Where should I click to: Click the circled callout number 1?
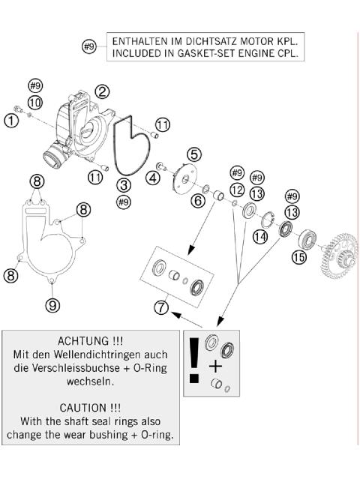coord(11,121)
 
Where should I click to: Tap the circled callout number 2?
coord(102,91)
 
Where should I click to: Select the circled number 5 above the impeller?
coord(194,154)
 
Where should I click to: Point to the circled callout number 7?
coord(162,307)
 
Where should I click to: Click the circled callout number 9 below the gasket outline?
coord(52,304)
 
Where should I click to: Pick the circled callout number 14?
coord(260,236)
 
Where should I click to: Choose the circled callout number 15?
coord(298,257)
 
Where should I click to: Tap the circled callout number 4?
coord(153,178)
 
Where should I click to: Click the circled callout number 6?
coord(198,201)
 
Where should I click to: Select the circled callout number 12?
coord(237,190)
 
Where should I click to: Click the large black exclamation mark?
coord(194,361)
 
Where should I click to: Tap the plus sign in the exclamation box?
coord(215,366)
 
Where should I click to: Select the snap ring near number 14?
coord(268,219)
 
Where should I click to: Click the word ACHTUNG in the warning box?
coord(83,340)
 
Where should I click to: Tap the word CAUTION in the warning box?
coord(83,408)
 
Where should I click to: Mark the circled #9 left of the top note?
coord(89,46)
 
